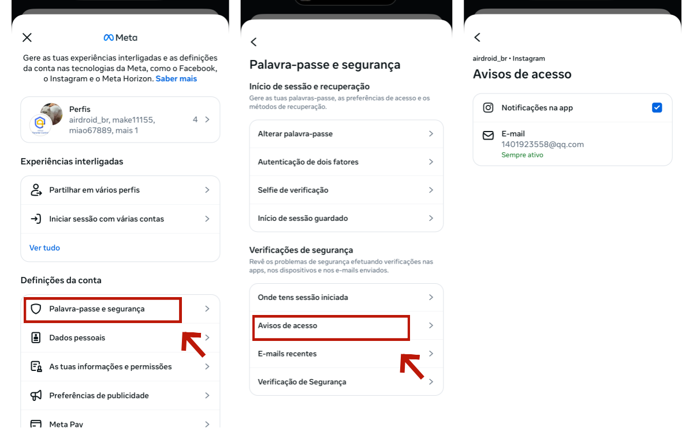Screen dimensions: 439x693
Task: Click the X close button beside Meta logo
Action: pyautogui.click(x=27, y=37)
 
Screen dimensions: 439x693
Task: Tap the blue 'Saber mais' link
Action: pyautogui.click(x=176, y=78)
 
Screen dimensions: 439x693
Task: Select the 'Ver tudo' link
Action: pyautogui.click(x=44, y=247)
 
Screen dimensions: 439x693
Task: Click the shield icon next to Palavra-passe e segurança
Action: pyautogui.click(x=36, y=309)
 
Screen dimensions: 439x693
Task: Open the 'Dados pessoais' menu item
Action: pyautogui.click(x=77, y=338)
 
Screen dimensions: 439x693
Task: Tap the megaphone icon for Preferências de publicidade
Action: pyautogui.click(x=36, y=396)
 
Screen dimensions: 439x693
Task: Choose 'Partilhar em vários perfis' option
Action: pyautogui.click(x=95, y=190)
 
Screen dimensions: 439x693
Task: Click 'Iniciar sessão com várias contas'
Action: pyautogui.click(x=107, y=219)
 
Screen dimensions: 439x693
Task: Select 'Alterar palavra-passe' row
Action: pyautogui.click(x=295, y=134)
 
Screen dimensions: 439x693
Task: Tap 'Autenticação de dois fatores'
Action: pyautogui.click(x=308, y=162)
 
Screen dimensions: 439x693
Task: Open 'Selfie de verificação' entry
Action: pyautogui.click(x=293, y=190)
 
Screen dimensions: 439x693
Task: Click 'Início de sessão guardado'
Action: pyautogui.click(x=303, y=218)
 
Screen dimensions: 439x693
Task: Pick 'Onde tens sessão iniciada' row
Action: pyautogui.click(x=303, y=297)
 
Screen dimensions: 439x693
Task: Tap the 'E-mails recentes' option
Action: pyautogui.click(x=287, y=354)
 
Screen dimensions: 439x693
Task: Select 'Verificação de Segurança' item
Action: pyautogui.click(x=302, y=382)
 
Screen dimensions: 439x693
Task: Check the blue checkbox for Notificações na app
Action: pyautogui.click(x=657, y=108)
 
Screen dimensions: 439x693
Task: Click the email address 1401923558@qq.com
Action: pyautogui.click(x=542, y=144)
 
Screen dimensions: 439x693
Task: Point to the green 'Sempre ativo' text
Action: pyautogui.click(x=522, y=155)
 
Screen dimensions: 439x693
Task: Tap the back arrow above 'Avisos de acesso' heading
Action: pyautogui.click(x=478, y=37)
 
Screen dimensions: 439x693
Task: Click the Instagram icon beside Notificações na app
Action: pyautogui.click(x=489, y=108)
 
